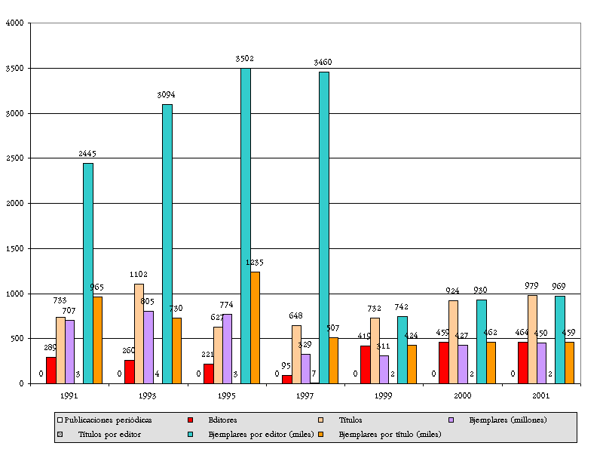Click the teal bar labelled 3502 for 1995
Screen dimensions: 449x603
coord(246,226)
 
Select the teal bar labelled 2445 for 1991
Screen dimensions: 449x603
coord(88,273)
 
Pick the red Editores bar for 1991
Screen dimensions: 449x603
coord(51,370)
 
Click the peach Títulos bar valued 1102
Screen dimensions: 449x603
coord(139,334)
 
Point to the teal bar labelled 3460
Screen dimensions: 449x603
coord(324,227)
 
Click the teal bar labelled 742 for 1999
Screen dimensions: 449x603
coord(403,349)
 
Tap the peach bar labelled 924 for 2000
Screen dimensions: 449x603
coord(453,342)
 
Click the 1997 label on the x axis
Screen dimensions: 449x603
coord(305,395)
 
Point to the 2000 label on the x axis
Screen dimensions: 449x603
coord(463,395)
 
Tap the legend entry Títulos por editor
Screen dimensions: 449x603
coord(109,434)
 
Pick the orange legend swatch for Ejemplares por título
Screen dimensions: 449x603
coord(321,434)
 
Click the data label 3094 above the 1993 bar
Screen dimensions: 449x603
coord(166,95)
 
